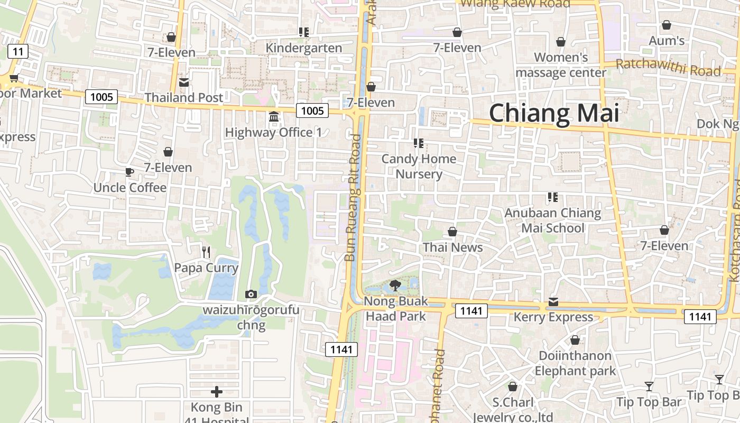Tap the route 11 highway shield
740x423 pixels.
tap(18, 51)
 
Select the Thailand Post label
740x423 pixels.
tap(184, 97)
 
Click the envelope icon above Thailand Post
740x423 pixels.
tap(184, 82)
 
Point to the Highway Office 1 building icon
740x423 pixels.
tap(274, 116)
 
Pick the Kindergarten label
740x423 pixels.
tap(304, 48)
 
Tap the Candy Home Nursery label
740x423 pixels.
tap(419, 166)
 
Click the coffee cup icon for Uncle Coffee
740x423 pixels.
tap(129, 172)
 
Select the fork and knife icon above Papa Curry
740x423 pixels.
tap(206, 252)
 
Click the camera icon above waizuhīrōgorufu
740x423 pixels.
tap(251, 294)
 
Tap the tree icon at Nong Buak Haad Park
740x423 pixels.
tap(394, 286)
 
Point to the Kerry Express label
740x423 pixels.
tap(553, 317)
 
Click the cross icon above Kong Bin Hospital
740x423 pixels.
tap(217, 392)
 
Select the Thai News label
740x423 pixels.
tap(452, 247)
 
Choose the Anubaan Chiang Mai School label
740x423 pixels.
tap(553, 220)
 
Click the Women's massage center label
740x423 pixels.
tap(561, 65)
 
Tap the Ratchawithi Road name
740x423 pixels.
tap(668, 68)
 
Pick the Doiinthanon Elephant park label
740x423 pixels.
tap(575, 363)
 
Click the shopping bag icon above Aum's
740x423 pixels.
tap(667, 25)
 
